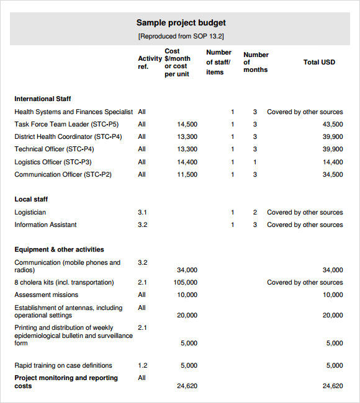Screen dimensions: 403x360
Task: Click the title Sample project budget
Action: [181, 23]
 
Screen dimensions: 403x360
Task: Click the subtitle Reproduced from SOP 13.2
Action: [181, 37]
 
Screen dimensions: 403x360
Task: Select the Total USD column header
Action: [319, 62]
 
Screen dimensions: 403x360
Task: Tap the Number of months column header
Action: [255, 62]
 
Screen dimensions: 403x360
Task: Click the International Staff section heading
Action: [43, 99]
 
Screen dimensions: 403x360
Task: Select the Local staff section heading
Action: [31, 199]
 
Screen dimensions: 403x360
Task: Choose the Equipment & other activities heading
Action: [59, 249]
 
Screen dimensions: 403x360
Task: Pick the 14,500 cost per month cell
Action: [187, 124]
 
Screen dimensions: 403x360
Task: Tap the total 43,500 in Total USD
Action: [332, 124]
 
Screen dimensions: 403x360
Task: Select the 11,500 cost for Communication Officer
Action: [187, 174]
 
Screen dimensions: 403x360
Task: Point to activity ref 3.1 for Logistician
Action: [142, 212]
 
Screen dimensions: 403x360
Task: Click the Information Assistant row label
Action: [45, 224]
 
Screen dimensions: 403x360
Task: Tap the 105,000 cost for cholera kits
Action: [185, 282]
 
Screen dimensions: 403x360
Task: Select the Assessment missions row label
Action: [46, 294]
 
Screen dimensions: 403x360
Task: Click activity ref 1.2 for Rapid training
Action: [142, 365]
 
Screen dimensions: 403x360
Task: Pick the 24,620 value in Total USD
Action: [332, 386]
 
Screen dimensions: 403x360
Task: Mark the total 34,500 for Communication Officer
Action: [332, 174]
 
